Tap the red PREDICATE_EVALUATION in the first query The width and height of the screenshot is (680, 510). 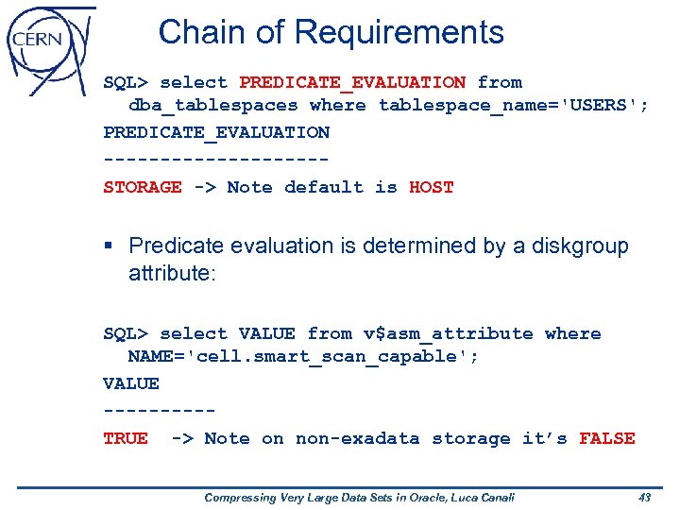[x=352, y=82]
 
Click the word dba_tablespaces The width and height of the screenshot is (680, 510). [x=212, y=105]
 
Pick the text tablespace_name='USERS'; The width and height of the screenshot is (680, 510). [x=514, y=105]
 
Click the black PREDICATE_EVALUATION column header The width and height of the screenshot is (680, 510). [x=216, y=132]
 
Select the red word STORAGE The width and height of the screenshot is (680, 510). [x=142, y=187]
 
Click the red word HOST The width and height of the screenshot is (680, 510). [x=432, y=187]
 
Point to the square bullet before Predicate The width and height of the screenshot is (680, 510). [x=110, y=246]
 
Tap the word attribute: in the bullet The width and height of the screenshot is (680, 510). [x=173, y=274]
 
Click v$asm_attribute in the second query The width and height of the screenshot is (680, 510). [x=448, y=333]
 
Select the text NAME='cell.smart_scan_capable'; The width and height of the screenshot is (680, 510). [x=303, y=357]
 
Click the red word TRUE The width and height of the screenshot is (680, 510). [x=125, y=438]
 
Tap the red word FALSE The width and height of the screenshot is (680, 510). [x=607, y=438]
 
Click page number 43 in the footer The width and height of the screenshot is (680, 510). [x=645, y=498]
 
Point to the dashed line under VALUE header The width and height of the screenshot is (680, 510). [x=159, y=412]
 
